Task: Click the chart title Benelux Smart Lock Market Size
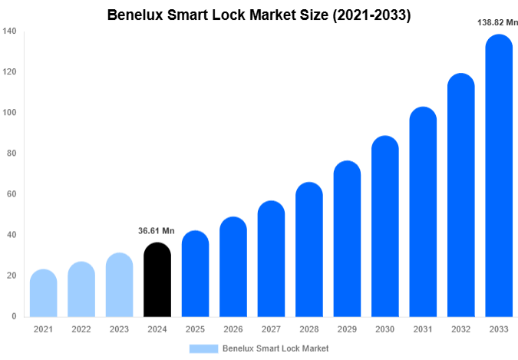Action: [259, 15]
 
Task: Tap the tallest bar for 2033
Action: [499, 177]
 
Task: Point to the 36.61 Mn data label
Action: [157, 230]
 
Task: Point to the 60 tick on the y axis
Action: [12, 194]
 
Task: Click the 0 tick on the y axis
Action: [14, 316]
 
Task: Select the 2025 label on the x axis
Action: [195, 329]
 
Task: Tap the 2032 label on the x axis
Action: [460, 329]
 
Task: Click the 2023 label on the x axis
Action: [119, 329]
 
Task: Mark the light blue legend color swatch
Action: [203, 348]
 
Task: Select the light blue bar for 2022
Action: [81, 290]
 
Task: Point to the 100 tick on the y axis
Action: [9, 113]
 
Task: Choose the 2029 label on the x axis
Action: [347, 329]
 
